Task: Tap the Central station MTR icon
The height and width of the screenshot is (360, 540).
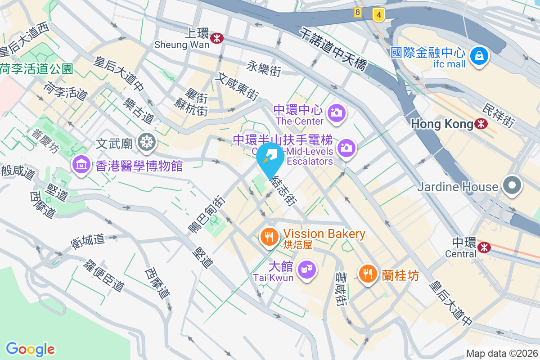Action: click(484, 247)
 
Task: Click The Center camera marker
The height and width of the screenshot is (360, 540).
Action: click(336, 112)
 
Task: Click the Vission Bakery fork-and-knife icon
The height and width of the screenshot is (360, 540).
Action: click(270, 236)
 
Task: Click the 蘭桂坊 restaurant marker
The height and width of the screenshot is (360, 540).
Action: click(368, 273)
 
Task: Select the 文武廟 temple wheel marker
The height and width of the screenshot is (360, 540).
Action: click(146, 143)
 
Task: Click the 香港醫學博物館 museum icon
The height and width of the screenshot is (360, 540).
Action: click(81, 165)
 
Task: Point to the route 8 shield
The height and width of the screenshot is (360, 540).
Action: click(358, 13)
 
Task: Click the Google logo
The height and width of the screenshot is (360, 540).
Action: click(30, 349)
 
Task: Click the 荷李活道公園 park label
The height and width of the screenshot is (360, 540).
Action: click(36, 69)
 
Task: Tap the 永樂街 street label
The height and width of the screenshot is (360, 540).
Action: click(264, 69)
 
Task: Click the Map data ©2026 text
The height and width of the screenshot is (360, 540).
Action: click(502, 353)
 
